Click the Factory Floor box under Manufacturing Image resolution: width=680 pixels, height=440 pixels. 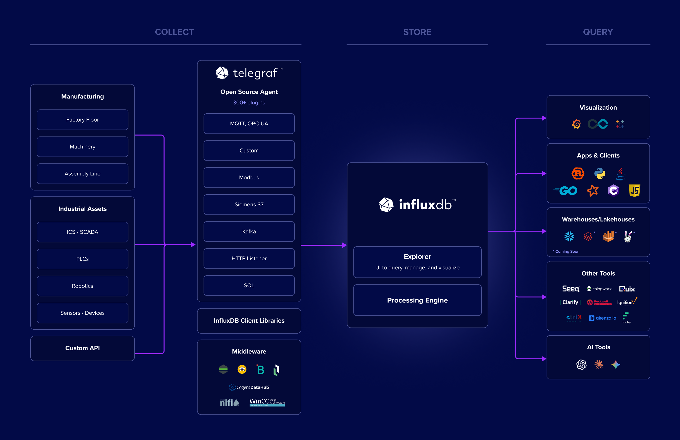coord(82,120)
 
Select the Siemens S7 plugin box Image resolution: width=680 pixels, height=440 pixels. coord(249,205)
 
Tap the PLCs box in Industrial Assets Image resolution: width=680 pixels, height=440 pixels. coord(82,259)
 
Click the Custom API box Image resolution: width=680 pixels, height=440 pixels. coord(82,348)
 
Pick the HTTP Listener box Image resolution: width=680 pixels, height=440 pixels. coord(249,259)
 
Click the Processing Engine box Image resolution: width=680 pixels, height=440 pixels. coord(417,300)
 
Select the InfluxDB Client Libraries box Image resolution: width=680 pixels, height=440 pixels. coord(249,321)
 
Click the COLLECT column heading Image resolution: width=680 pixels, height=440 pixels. coord(174,32)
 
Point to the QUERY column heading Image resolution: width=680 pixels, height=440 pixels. coord(598,32)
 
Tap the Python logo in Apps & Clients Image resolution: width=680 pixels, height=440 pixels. coord(600,173)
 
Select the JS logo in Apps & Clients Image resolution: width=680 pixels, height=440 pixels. coord(634,191)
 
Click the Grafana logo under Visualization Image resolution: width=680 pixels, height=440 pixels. coord(576,124)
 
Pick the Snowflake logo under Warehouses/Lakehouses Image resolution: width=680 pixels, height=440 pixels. coord(569,236)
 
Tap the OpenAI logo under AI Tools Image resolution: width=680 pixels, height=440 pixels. coord(581,365)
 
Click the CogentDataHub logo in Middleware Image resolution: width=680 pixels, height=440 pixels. coord(249,387)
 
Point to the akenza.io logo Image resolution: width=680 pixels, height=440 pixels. coord(602,318)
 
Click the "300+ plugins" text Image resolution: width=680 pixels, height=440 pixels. coord(249,103)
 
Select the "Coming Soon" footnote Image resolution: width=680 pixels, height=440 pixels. coord(567,251)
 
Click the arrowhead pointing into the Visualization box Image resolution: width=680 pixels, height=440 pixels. coord(544,118)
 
